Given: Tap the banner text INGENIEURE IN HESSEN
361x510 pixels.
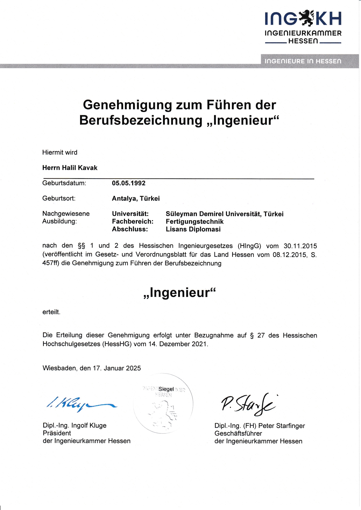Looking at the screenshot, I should pos(303,61).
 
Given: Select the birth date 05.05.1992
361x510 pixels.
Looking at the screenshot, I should pos(129,183).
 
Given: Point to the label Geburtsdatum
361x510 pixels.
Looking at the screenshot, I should pos(64,183).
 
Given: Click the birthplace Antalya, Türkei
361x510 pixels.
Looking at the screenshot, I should pos(136,199).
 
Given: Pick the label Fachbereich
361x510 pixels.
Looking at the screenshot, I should pos(132,222).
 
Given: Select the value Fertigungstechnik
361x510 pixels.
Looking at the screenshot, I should pos(194,222).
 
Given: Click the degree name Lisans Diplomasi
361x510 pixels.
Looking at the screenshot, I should pos(193,229).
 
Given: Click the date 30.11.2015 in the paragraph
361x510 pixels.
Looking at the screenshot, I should pos(300,246).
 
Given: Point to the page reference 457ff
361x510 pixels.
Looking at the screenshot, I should pos(51,263).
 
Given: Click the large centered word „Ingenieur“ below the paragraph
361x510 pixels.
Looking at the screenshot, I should pos(180,293).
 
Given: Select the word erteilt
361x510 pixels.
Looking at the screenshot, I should pos(51,312).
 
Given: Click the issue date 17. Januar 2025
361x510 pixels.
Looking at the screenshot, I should pos(117,368).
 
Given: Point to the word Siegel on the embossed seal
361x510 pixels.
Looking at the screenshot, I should pos(166,389).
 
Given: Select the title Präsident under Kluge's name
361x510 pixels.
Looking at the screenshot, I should pos(57,433).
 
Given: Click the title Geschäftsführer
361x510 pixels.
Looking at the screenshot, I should pos(238,433).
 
